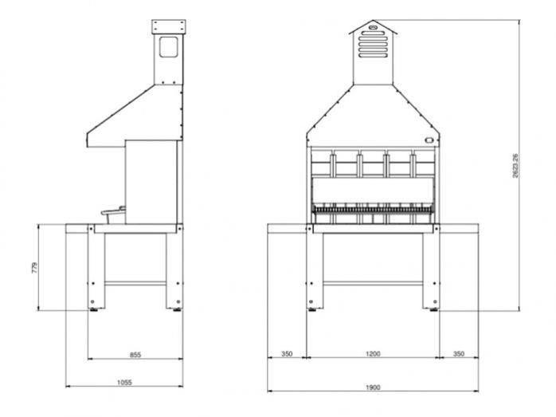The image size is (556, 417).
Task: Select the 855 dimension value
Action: point(135,353)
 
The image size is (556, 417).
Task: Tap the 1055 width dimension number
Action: point(124,383)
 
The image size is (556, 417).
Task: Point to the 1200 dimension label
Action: point(373,353)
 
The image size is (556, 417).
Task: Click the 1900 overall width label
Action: point(373,387)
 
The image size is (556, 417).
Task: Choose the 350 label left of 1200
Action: point(287,353)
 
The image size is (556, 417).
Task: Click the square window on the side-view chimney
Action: point(169,49)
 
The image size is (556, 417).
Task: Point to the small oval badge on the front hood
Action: point(430,142)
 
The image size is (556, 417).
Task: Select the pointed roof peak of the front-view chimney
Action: point(371,22)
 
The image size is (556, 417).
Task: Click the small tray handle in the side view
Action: point(112,211)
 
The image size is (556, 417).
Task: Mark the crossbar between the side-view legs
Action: point(135,282)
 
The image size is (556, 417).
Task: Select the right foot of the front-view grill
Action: point(435,310)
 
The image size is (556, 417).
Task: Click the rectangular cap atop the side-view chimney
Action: point(170,27)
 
